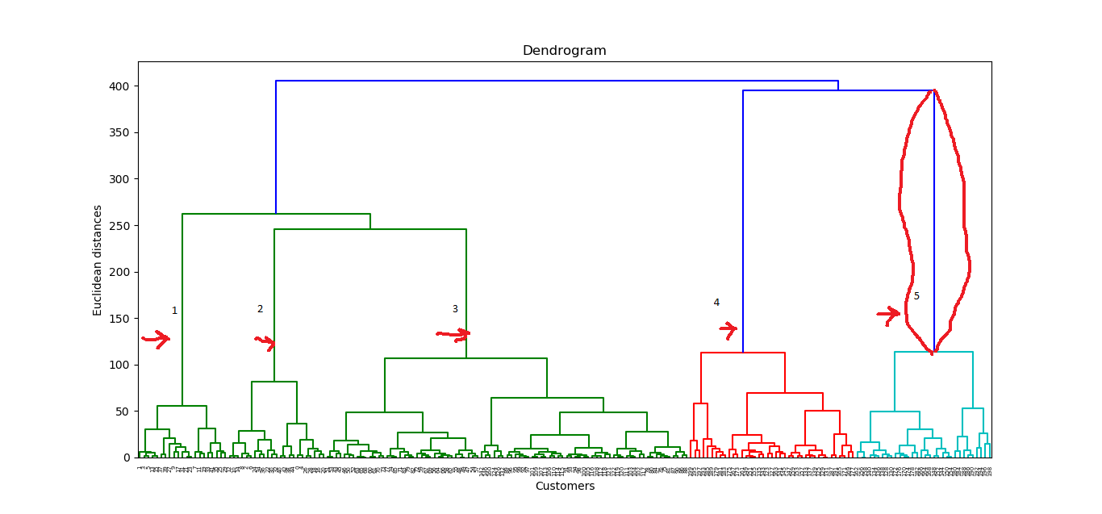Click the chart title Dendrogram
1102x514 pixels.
pos(564,51)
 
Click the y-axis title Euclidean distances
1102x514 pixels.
pos(98,260)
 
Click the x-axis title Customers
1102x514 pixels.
pos(564,486)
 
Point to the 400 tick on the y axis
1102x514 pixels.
pos(119,86)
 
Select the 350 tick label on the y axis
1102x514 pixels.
pos(119,132)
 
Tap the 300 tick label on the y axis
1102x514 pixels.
pos(119,179)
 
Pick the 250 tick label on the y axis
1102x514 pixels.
pos(119,225)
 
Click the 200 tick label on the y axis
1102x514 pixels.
pos(119,272)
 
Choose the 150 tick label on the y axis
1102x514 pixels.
pos(119,318)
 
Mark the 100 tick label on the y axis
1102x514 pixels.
pos(119,365)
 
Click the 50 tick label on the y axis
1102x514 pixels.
pos(122,411)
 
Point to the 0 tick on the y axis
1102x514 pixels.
pos(125,458)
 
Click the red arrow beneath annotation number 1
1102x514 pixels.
pos(156,339)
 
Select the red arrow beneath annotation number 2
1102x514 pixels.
pos(265,342)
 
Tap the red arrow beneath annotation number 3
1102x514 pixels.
pos(454,333)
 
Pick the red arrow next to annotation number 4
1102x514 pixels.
pos(728,329)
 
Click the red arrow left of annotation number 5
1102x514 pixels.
pos(888,314)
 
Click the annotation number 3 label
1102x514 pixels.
pos(455,309)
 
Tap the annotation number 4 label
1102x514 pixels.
pos(716,303)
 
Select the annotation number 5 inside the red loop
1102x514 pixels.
pos(916,296)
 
